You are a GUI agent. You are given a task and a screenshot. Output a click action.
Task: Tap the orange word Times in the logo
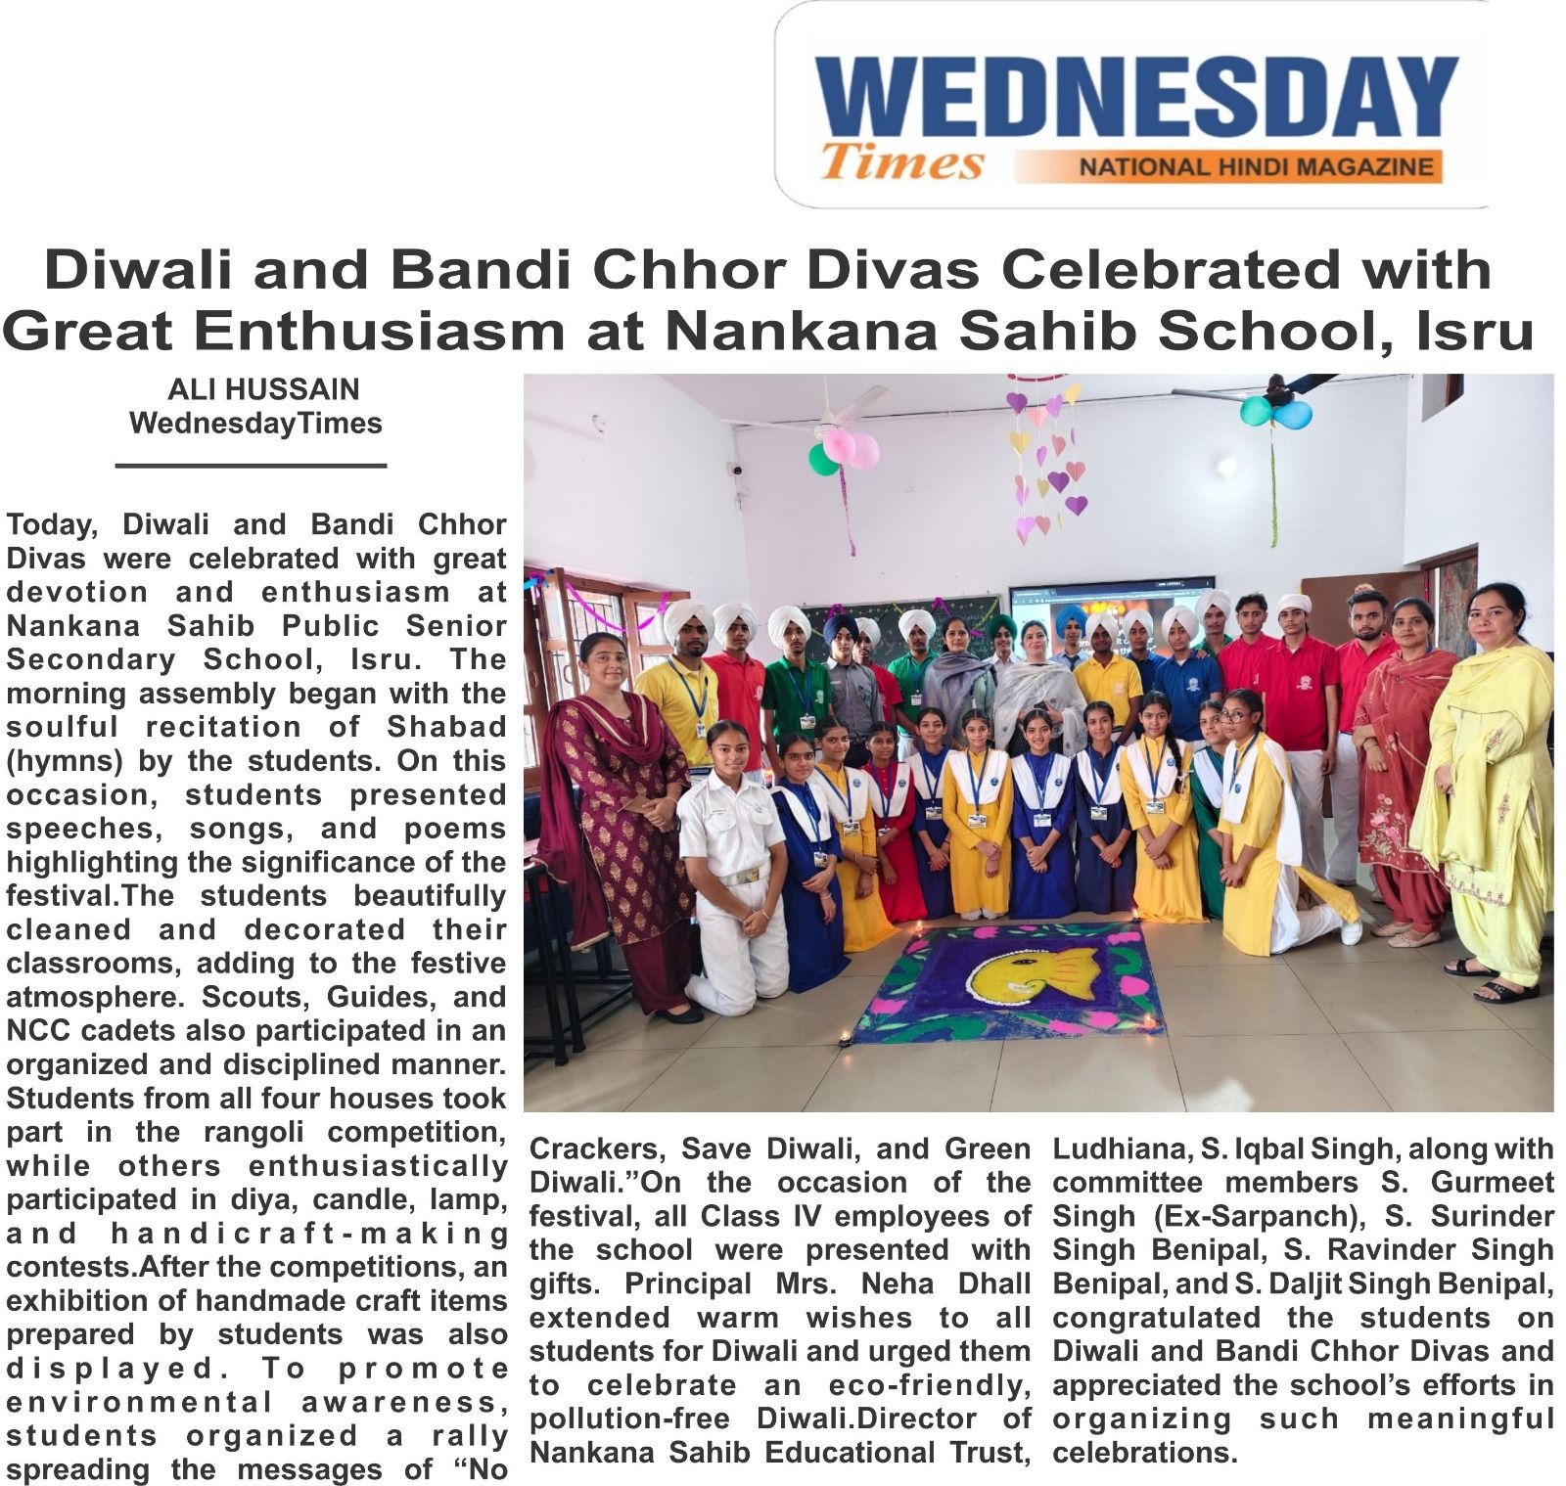click(x=901, y=162)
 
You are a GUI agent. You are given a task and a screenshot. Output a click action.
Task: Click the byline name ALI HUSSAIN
click(x=263, y=389)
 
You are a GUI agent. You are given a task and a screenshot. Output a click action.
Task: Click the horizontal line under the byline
click(x=251, y=466)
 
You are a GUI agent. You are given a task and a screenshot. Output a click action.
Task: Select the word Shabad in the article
click(x=446, y=727)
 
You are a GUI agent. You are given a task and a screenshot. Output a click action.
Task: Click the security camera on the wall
click(x=736, y=469)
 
